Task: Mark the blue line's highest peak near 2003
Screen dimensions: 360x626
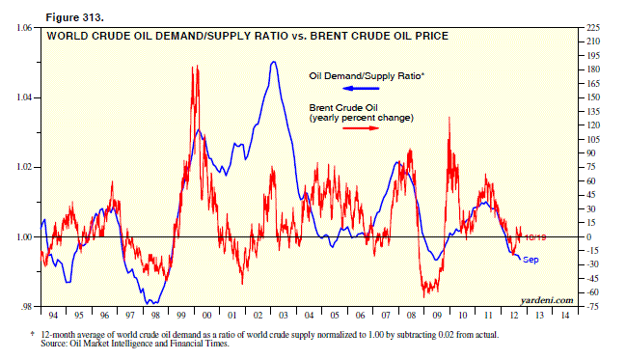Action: [274, 63]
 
